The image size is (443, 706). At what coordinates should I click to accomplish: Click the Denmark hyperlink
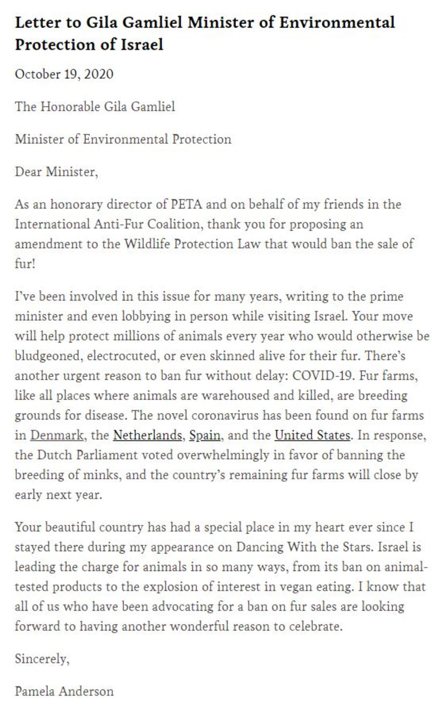[52, 435]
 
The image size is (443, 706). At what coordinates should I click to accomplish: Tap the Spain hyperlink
[205, 435]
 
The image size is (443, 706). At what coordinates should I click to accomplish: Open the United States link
[313, 435]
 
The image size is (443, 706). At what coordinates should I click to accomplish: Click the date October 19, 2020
[64, 74]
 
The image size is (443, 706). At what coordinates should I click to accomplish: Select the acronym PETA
[189, 205]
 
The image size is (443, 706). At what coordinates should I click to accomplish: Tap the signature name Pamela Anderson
[64, 691]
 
